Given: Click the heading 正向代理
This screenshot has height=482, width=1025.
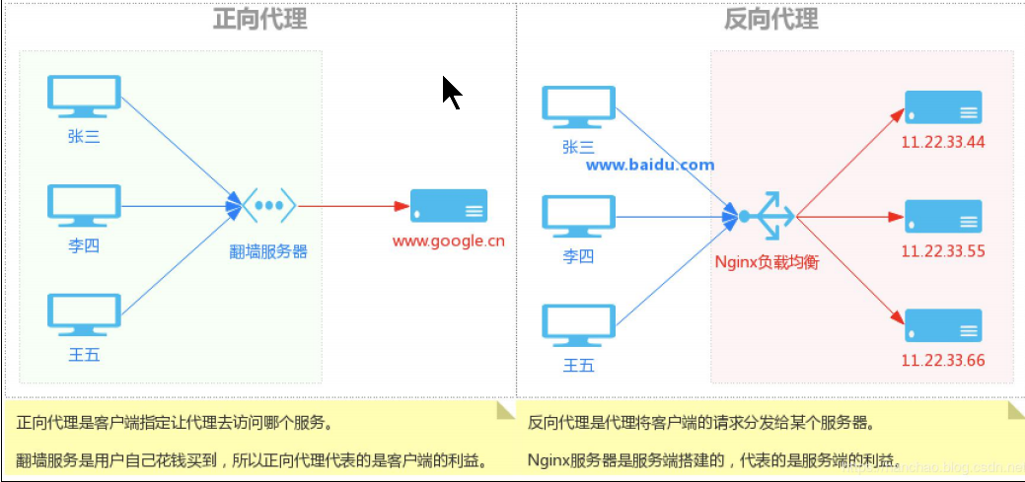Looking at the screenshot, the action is click(x=260, y=19).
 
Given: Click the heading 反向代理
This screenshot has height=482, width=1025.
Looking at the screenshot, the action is click(x=770, y=19).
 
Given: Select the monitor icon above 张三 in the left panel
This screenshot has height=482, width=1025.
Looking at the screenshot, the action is click(x=85, y=99).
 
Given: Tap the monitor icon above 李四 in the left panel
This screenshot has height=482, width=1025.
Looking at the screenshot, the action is click(x=85, y=206).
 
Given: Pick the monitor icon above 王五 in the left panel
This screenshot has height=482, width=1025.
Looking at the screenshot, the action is click(x=85, y=314).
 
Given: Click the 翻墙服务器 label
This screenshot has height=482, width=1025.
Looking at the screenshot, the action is click(x=269, y=251).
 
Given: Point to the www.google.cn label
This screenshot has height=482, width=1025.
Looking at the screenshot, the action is click(x=449, y=240).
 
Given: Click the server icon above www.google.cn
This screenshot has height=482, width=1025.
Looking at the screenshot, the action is click(x=449, y=206).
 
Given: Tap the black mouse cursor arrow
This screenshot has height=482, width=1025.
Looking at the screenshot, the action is click(x=451, y=93).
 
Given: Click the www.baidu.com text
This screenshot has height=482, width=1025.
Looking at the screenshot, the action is click(x=650, y=165).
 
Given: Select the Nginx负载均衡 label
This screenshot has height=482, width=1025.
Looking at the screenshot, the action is click(x=768, y=262).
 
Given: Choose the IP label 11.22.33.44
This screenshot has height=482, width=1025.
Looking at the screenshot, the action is click(x=943, y=142).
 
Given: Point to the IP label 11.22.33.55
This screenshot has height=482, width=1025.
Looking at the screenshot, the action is click(x=943, y=251).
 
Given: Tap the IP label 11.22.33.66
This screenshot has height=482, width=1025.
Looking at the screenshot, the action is click(x=943, y=361).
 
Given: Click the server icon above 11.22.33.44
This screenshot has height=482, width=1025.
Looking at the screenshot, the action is click(x=943, y=106).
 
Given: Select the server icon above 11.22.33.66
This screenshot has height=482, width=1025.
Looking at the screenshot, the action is click(x=943, y=325).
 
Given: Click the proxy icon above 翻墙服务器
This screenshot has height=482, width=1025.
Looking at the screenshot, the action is click(x=269, y=206).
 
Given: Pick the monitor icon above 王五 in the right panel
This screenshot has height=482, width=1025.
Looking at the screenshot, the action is click(x=579, y=324).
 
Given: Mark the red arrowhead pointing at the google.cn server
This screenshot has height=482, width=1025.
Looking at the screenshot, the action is click(x=402, y=206).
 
